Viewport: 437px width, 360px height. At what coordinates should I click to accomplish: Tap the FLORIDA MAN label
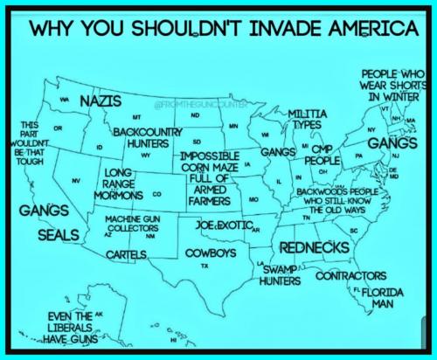tap(377, 298)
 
